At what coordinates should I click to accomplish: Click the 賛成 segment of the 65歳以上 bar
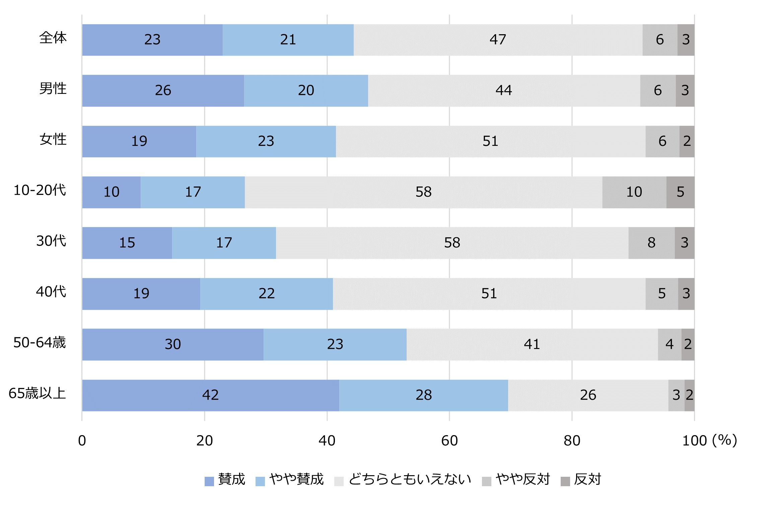tap(210, 395)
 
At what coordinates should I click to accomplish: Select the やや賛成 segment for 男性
tap(306, 91)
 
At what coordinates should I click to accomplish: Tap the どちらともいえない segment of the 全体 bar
tap(498, 40)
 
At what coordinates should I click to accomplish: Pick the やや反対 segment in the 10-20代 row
tap(634, 192)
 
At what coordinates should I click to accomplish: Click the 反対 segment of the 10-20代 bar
tap(680, 192)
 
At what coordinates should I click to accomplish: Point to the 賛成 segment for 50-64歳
tap(172, 344)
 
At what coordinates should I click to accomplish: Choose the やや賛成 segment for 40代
tap(266, 294)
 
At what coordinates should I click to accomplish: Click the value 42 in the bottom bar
tap(210, 395)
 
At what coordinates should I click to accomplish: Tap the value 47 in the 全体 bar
tap(498, 40)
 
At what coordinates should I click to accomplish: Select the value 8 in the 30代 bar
tap(651, 243)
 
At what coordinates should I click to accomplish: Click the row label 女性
tap(53, 139)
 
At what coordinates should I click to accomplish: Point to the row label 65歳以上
tap(37, 393)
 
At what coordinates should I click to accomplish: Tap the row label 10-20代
tap(40, 190)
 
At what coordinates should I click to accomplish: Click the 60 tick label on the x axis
tap(449, 441)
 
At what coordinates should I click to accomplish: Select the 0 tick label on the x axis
tap(82, 441)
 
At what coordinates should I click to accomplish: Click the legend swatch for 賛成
tap(209, 481)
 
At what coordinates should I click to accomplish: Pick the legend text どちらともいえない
tap(410, 479)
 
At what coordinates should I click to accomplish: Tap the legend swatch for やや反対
tap(486, 481)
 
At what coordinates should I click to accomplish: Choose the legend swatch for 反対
tap(565, 481)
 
